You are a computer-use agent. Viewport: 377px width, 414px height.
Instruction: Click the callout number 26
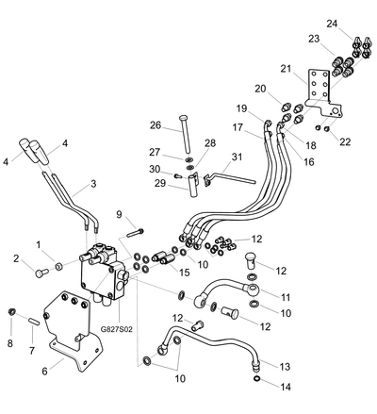[x=156, y=125]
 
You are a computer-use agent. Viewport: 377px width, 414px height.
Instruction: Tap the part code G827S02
[x=117, y=329]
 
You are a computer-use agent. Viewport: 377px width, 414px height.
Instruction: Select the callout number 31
[x=237, y=157]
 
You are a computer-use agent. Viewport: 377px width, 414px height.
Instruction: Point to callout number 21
[x=287, y=69]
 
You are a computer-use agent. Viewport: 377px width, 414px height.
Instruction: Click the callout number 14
[x=286, y=387]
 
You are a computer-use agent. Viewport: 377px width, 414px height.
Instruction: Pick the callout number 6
[x=44, y=372]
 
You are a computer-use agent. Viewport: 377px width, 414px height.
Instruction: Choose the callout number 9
[x=119, y=214]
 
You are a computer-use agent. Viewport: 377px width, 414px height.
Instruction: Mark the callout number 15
[x=185, y=273]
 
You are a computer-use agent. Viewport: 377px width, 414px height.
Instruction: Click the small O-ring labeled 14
[x=256, y=378]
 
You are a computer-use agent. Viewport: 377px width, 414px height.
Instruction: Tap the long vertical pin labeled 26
[x=185, y=135]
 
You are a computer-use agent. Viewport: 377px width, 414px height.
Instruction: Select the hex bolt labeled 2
[x=41, y=273]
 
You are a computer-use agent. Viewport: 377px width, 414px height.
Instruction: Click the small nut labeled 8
[x=12, y=311]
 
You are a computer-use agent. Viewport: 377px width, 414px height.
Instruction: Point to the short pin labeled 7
[x=34, y=322]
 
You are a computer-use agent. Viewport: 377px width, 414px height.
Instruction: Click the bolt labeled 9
[x=136, y=233]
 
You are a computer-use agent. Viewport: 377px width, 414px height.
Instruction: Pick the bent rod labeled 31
[x=230, y=179]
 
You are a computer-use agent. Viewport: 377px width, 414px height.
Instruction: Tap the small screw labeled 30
[x=178, y=176]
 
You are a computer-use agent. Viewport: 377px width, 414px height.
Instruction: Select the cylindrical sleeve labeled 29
[x=192, y=186]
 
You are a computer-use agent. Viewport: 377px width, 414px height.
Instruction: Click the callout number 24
[x=332, y=24]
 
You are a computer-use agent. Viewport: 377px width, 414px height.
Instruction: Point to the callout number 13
[x=285, y=367]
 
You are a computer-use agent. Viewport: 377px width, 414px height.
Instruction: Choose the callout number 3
[x=93, y=184]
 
